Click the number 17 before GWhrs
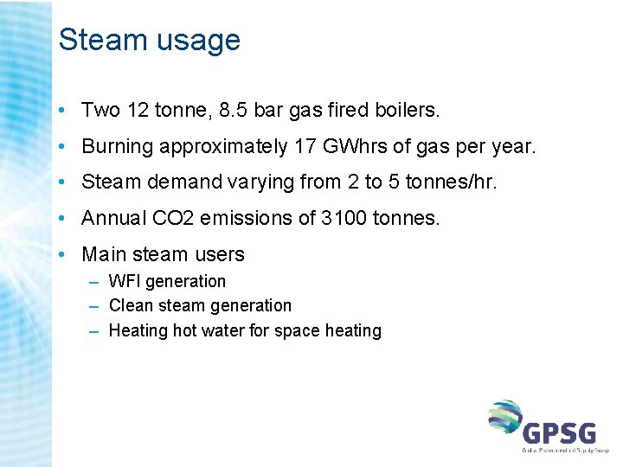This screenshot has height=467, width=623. coord(305,147)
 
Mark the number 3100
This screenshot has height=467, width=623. coord(344,219)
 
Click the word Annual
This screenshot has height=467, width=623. coord(112,219)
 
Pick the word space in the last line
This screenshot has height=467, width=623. coord(286,331)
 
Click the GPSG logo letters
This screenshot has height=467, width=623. coord(559,430)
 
